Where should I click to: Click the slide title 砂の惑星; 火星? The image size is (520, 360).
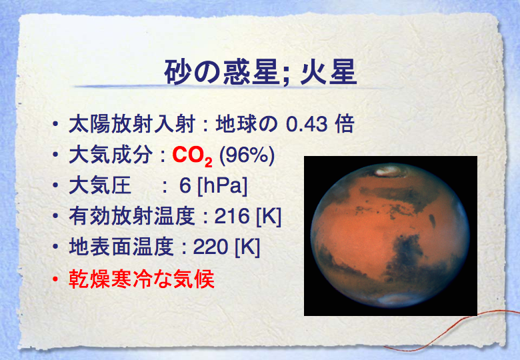[261, 72]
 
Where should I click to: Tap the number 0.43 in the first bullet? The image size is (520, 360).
[307, 124]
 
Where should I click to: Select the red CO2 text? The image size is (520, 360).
[193, 156]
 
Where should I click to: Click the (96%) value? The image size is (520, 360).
[247, 155]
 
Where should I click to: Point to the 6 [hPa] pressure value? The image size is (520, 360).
[213, 185]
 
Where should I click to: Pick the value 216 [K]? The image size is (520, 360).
[248, 217]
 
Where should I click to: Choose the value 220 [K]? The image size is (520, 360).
[227, 247]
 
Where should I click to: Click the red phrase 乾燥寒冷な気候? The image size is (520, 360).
[141, 279]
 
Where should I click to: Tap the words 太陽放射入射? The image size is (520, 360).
[131, 124]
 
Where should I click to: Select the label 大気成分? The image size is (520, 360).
[111, 155]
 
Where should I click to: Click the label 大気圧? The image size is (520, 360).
[100, 185]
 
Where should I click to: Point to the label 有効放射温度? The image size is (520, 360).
[131, 216]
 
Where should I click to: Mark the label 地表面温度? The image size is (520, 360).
[121, 247]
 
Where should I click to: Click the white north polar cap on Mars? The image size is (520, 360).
[389, 171]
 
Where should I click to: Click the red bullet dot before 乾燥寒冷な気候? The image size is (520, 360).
[55, 279]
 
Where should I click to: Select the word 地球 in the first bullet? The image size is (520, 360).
[237, 124]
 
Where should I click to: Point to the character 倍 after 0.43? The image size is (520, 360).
[345, 124]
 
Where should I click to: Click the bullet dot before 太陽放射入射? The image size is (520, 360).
[55, 124]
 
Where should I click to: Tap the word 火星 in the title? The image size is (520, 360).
[329, 72]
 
